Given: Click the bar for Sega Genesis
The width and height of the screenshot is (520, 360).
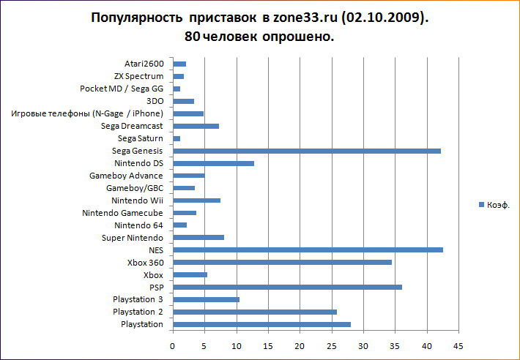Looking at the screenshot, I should click(x=306, y=151).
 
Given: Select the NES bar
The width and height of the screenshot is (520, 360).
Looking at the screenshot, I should click(x=308, y=250).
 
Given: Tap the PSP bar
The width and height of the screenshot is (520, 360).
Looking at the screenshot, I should click(x=287, y=287).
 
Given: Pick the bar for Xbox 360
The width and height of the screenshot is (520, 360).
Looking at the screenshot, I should click(x=282, y=262).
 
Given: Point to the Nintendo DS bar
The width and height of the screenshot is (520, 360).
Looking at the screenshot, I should click(x=213, y=163).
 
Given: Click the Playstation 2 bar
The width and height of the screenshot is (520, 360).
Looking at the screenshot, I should click(x=254, y=312).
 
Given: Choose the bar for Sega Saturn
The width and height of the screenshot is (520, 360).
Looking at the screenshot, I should click(x=177, y=138).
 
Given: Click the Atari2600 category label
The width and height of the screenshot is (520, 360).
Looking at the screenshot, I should click(x=144, y=64).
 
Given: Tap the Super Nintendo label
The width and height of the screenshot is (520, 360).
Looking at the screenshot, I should click(x=133, y=238).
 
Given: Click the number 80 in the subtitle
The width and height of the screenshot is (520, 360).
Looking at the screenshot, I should click(x=193, y=37).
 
